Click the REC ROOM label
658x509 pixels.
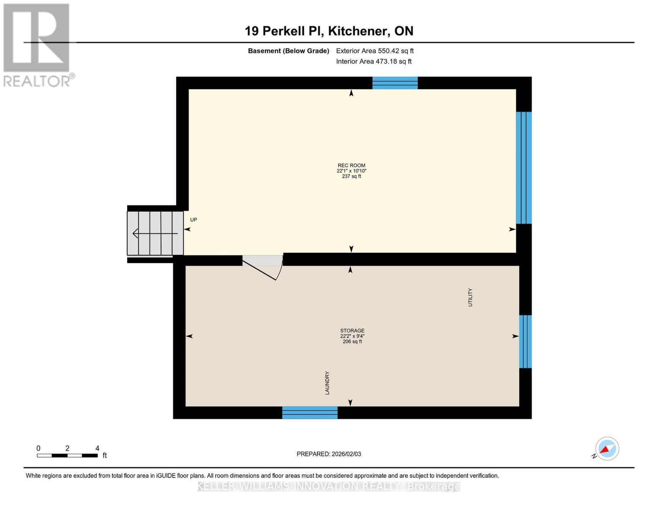click(x=351, y=165)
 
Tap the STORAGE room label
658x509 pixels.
click(x=352, y=330)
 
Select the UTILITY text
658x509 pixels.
click(x=470, y=297)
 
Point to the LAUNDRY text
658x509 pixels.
click(x=327, y=383)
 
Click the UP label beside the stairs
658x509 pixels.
click(x=194, y=220)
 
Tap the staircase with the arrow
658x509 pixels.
click(x=155, y=233)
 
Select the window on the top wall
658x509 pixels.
click(x=395, y=83)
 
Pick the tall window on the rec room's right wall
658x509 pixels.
click(x=524, y=168)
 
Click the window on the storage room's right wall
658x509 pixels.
click(x=525, y=341)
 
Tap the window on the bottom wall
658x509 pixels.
click(x=310, y=412)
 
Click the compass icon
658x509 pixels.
click(x=607, y=449)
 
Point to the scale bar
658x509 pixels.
click(x=67, y=456)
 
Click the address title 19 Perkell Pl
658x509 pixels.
click(x=329, y=31)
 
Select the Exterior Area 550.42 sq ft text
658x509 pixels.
click(x=375, y=51)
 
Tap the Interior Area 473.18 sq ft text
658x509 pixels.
click(x=374, y=62)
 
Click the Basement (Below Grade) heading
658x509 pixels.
click(x=288, y=51)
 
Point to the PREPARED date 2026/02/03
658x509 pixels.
click(x=329, y=454)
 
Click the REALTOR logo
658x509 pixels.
click(x=37, y=45)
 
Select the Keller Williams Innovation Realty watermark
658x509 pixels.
click(x=329, y=486)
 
